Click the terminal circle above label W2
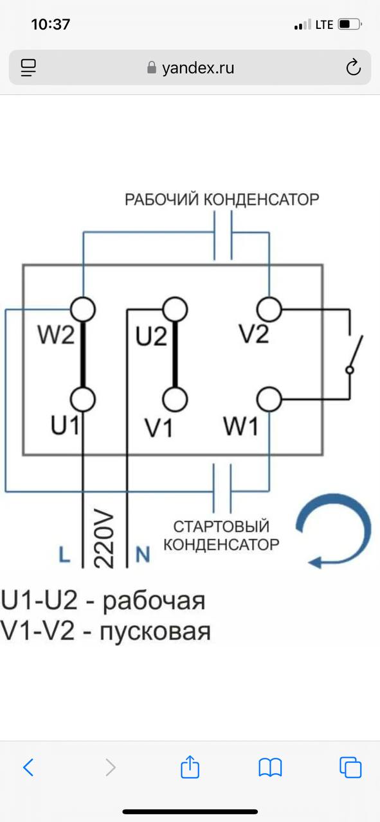(83, 310)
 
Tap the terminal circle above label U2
(175, 310)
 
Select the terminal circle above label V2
(269, 310)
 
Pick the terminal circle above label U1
(83, 399)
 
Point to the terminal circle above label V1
(175, 399)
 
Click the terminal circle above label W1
(269, 399)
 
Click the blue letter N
(143, 554)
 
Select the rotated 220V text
(104, 538)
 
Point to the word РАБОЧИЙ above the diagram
(162, 200)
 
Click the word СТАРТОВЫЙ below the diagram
(221, 526)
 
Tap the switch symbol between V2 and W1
(354, 353)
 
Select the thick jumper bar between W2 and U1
(83, 354)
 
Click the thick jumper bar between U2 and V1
(176, 354)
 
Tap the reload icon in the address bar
(353, 67)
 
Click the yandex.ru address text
(198, 68)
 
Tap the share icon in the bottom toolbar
(190, 767)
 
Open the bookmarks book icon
(270, 767)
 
